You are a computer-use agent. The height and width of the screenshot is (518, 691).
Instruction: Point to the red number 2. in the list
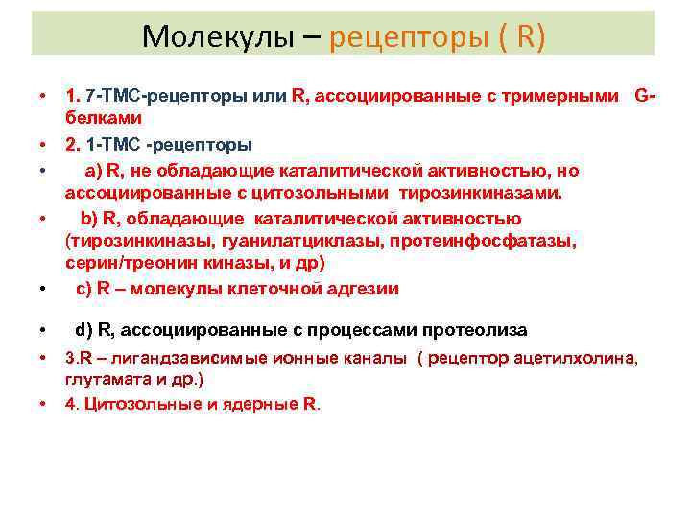point(73,145)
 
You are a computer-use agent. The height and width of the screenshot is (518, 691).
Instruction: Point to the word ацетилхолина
point(585,358)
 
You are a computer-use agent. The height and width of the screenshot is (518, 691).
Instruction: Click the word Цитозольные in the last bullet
point(134,403)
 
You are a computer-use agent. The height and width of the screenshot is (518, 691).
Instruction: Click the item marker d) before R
point(84,330)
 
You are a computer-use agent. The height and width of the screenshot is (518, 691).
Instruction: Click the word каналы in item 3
point(377,358)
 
